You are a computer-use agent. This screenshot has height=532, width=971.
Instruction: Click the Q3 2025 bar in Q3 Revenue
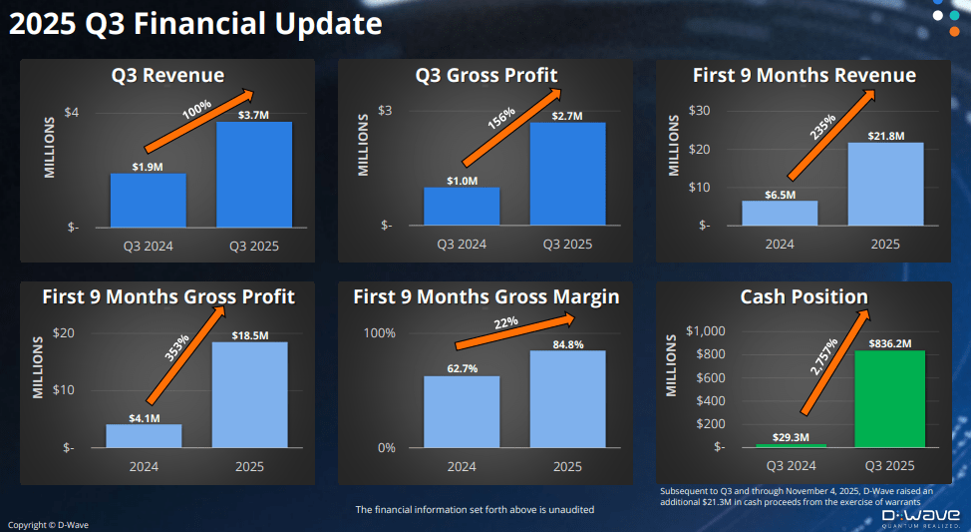click(253, 174)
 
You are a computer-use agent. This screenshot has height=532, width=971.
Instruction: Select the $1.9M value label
click(148, 166)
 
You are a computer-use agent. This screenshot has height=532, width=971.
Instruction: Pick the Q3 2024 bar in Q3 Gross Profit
click(461, 206)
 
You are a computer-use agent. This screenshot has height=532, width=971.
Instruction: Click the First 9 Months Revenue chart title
click(804, 76)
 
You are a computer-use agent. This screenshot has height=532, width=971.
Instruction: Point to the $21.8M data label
click(884, 135)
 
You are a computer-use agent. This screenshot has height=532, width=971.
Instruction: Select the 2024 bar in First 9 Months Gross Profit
click(144, 435)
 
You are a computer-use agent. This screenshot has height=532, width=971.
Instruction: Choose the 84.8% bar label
click(567, 343)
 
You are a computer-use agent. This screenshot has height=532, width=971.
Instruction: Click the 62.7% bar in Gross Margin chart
click(462, 411)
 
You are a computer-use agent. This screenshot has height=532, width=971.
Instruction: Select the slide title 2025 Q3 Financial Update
click(194, 22)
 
